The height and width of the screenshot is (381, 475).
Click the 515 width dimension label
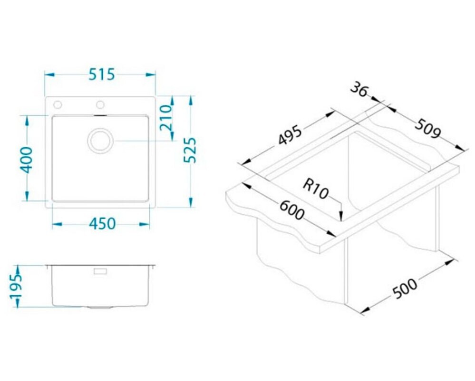point(102,75)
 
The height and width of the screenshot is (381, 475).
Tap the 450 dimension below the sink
point(102,224)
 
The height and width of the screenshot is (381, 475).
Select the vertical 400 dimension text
point(26,160)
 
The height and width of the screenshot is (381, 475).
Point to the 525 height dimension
point(190,150)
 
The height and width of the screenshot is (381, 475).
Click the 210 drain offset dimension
point(166,118)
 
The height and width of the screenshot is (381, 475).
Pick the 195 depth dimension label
point(15,287)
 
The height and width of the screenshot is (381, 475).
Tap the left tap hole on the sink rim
point(58,105)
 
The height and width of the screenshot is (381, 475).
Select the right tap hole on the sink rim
point(100,105)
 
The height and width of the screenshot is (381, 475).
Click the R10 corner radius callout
point(315,189)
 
